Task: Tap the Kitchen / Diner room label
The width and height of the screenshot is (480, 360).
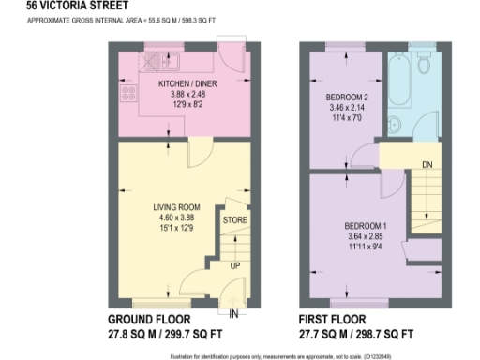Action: (x=171, y=84)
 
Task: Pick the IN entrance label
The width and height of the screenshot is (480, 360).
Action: (x=232, y=312)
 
